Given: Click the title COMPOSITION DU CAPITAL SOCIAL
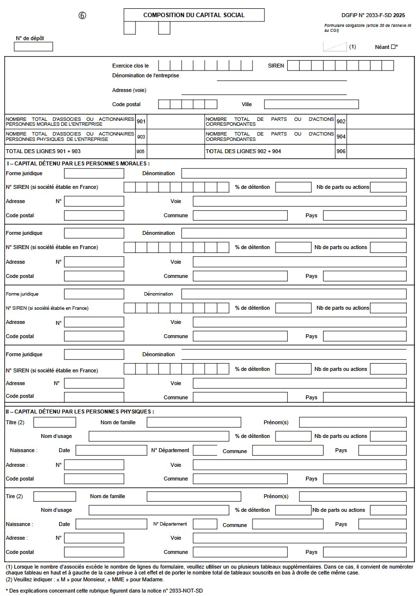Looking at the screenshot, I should (194, 15).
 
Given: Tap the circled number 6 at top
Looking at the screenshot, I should (82, 15).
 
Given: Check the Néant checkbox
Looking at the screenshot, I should (393, 47).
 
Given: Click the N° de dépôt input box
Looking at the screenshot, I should (33, 47).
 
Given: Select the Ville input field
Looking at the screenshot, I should (311, 104).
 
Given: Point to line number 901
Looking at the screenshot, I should (141, 121).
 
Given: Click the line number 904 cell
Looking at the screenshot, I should (341, 137).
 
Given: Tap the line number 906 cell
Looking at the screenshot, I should (341, 151).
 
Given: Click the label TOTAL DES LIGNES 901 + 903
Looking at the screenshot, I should (43, 151).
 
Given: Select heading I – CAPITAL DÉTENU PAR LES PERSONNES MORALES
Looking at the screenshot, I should (78, 163).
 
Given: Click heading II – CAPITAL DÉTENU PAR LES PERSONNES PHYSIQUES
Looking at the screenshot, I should (80, 412).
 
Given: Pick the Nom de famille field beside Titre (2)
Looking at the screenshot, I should (194, 422).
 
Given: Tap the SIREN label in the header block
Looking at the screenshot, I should (276, 66).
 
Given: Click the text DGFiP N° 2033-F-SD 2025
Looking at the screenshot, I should (373, 15).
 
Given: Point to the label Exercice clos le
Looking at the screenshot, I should (130, 66).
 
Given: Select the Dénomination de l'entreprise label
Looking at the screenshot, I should (145, 75).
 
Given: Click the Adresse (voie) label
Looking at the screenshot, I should (129, 90).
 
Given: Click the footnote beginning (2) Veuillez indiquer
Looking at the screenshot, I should (85, 579).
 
